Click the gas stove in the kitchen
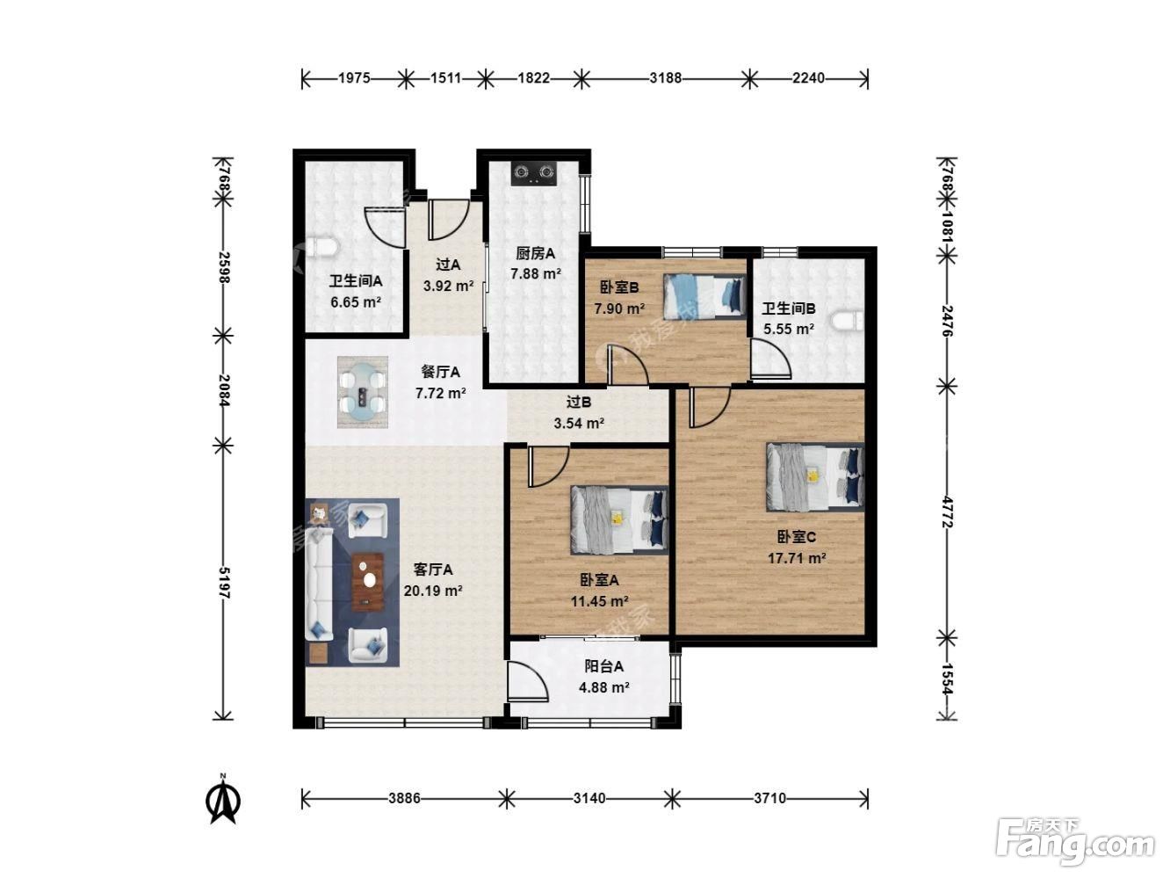533,173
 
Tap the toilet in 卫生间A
322,247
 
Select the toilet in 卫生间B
847,322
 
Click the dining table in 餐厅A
363,392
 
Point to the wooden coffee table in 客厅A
368,582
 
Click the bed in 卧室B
704,296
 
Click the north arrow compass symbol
223,799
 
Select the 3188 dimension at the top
665,78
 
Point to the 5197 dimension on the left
224,583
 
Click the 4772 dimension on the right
947,512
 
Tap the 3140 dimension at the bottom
589,799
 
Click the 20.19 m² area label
433,591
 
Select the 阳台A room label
604,666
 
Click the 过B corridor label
579,402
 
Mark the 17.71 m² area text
797,558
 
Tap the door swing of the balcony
528,681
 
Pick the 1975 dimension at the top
354,78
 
